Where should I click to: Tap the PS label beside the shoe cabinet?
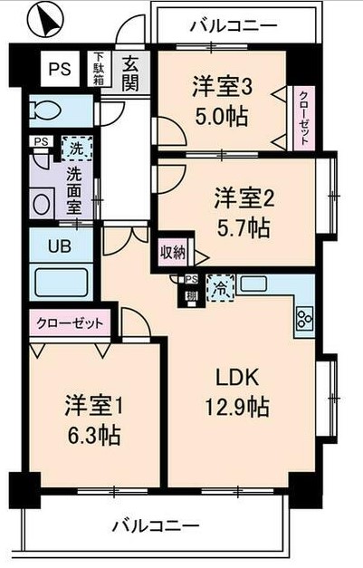pyautogui.click(x=61, y=68)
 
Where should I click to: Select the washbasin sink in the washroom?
pyautogui.click(x=42, y=204)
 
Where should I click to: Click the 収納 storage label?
pyautogui.click(x=173, y=252)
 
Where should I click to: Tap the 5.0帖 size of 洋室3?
pyautogui.click(x=220, y=117)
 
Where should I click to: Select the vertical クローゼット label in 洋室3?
pyautogui.click(x=303, y=118)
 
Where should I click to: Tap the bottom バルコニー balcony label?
pyautogui.click(x=156, y=525)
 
